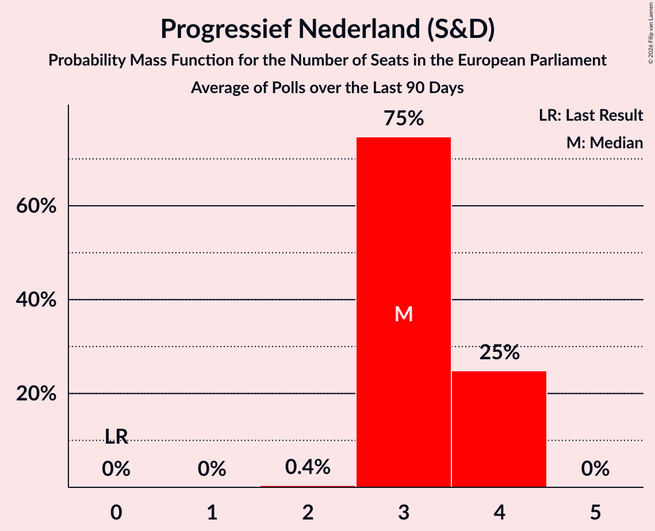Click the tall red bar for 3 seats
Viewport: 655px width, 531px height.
[404, 312]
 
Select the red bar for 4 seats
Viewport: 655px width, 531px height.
[499, 429]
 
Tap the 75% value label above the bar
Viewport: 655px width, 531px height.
[404, 118]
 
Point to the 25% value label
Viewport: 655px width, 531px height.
[499, 352]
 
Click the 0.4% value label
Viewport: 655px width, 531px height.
[308, 467]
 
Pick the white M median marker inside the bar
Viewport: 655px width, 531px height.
[404, 314]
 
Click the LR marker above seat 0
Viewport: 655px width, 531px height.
[116, 436]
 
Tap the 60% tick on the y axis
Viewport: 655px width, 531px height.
[36, 206]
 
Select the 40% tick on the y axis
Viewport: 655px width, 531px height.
[36, 300]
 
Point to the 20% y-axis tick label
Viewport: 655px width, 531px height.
[36, 393]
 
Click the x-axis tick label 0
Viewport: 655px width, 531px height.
[116, 512]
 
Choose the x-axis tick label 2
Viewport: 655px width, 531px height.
[308, 512]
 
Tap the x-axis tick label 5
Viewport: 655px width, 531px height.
[595, 512]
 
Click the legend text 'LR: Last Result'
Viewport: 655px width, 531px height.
[591, 115]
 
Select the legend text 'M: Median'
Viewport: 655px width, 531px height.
[604, 143]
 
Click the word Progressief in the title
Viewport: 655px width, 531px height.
[226, 29]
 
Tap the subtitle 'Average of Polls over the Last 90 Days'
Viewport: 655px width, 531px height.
[328, 88]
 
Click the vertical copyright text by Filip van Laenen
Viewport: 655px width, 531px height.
[650, 33]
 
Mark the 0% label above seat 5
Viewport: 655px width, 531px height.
[595, 468]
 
